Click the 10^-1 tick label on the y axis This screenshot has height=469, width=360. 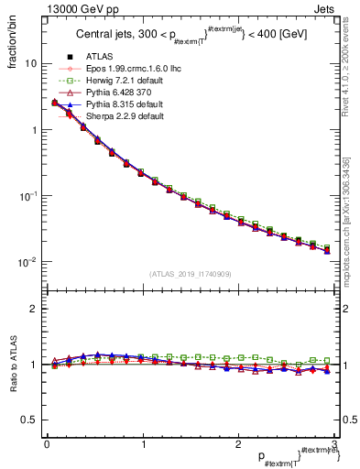pos(27,196)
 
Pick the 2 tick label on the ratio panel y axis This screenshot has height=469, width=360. pos(33,309)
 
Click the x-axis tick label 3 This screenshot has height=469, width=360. pos(333,444)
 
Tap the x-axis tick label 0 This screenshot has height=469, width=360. pos(46,444)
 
